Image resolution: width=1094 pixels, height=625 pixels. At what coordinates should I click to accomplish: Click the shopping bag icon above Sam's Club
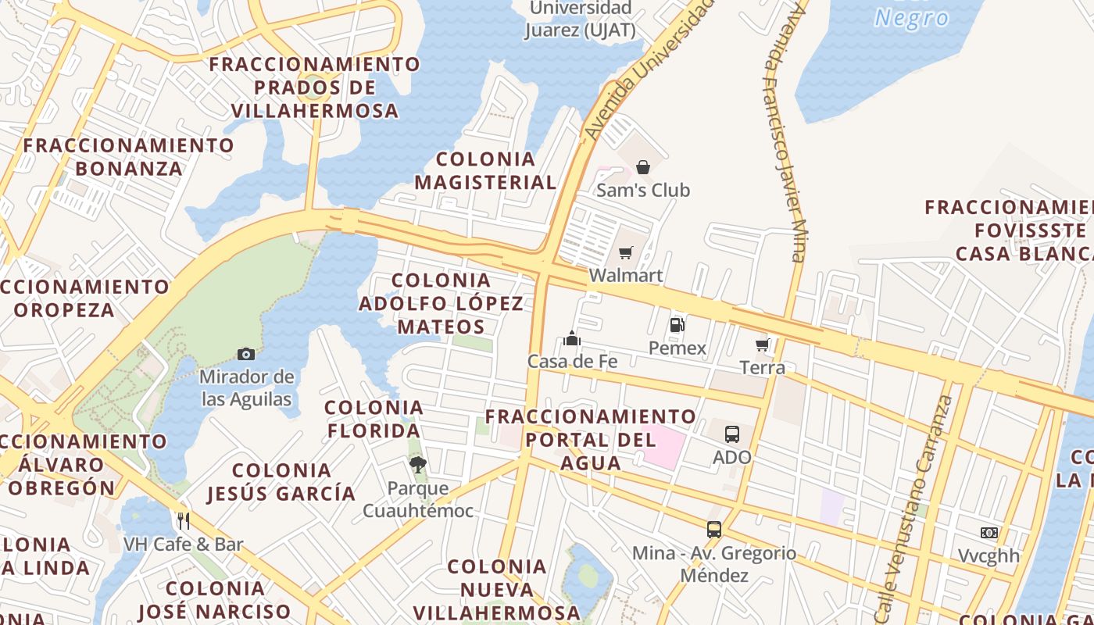pyautogui.click(x=642, y=167)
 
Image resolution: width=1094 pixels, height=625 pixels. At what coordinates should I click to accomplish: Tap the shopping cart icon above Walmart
pyautogui.click(x=625, y=252)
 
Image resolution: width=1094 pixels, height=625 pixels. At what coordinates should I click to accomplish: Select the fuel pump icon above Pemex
pyautogui.click(x=677, y=325)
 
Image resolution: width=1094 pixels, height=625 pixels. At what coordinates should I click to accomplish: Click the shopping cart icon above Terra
pyautogui.click(x=763, y=345)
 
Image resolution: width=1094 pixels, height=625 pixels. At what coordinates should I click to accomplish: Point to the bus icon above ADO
pyautogui.click(x=731, y=434)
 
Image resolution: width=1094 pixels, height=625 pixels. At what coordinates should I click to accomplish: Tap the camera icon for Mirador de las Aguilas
pyautogui.click(x=246, y=354)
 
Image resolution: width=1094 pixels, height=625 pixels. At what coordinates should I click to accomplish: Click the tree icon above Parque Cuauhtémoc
pyautogui.click(x=418, y=465)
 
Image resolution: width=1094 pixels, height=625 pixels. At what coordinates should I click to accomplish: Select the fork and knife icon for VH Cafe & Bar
pyautogui.click(x=184, y=521)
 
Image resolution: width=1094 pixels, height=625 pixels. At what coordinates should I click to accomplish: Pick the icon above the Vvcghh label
pyautogui.click(x=989, y=533)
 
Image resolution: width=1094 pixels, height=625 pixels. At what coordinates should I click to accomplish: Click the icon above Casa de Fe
pyautogui.click(x=572, y=338)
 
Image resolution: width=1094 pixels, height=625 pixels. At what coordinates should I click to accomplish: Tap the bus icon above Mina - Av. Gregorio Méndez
pyautogui.click(x=714, y=529)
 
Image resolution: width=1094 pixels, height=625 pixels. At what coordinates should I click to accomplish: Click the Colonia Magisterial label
pyautogui.click(x=485, y=171)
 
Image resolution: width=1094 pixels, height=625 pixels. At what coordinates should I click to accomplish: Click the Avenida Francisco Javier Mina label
pyautogui.click(x=784, y=133)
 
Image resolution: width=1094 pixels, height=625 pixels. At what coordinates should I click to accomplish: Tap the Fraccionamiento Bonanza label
pyautogui.click(x=129, y=157)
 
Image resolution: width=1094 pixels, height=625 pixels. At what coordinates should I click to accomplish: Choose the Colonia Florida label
pyautogui.click(x=374, y=419)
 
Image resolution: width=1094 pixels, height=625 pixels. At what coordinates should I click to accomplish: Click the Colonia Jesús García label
pyautogui.click(x=281, y=482)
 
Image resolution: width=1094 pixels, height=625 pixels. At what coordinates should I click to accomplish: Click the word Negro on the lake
pyautogui.click(x=911, y=18)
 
